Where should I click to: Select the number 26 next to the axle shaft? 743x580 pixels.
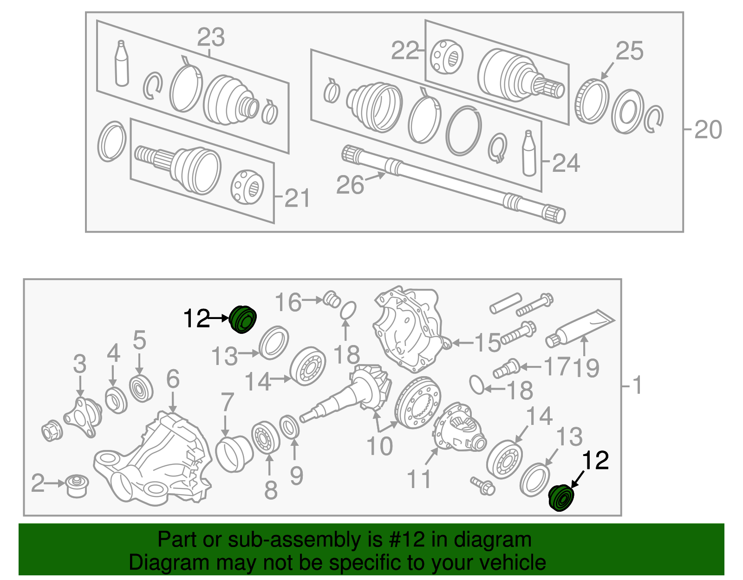(350, 185)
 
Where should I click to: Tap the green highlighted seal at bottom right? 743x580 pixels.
(561, 498)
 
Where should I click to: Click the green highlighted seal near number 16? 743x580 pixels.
(243, 319)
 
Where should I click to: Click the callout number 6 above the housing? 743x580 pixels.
(173, 379)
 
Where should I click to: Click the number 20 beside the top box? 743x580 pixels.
(708, 130)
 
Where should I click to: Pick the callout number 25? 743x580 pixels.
(630, 51)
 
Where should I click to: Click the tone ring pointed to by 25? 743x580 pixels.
(592, 102)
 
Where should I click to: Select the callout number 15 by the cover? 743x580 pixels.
(487, 343)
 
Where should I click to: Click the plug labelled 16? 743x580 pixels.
(331, 299)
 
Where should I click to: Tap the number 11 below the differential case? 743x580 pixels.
(419, 479)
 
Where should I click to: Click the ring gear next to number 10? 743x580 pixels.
(417, 402)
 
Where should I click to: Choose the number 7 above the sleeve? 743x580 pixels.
(227, 402)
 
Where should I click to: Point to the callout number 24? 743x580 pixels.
(566, 163)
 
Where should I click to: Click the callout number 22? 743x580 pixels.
(404, 51)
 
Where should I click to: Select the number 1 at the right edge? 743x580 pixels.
(638, 385)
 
